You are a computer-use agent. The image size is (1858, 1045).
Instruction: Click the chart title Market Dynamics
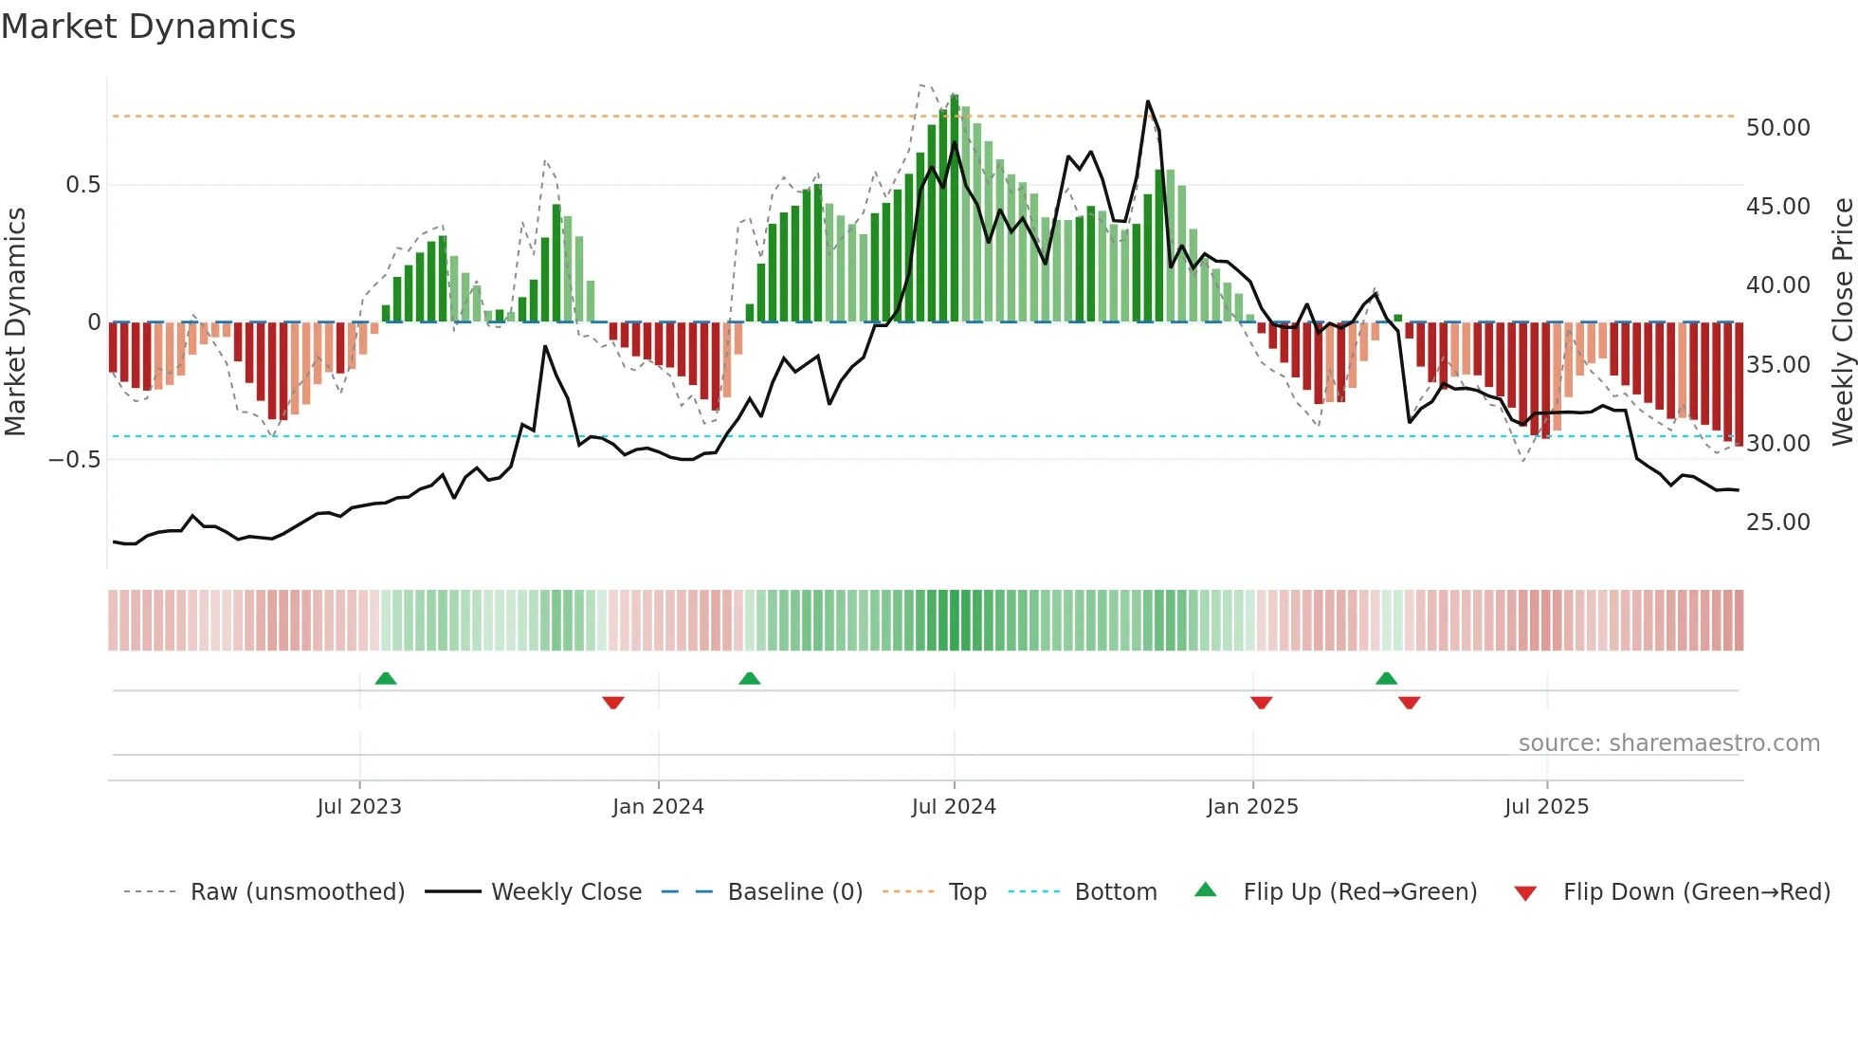pos(149,27)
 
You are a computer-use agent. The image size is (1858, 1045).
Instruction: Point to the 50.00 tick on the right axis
pos(1777,128)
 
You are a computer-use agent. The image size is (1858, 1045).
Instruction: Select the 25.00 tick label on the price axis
pos(1777,522)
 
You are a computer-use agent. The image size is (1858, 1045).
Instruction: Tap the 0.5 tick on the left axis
pos(82,185)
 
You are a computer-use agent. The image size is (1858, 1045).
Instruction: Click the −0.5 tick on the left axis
pos(75,460)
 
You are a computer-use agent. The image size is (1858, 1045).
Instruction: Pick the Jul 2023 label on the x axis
pos(359,807)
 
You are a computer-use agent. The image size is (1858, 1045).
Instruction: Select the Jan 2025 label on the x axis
pos(1252,807)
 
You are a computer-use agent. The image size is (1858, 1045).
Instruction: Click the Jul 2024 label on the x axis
pos(954,807)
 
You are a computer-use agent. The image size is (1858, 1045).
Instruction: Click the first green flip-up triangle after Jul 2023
pos(386,679)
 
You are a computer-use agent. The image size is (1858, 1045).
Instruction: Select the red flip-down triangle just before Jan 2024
pos(613,703)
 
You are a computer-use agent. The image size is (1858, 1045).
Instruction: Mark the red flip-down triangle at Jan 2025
pos(1261,703)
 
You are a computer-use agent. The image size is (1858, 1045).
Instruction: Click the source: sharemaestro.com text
pos(1668,743)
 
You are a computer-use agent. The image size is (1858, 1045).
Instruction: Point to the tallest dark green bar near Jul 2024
pos(955,209)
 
